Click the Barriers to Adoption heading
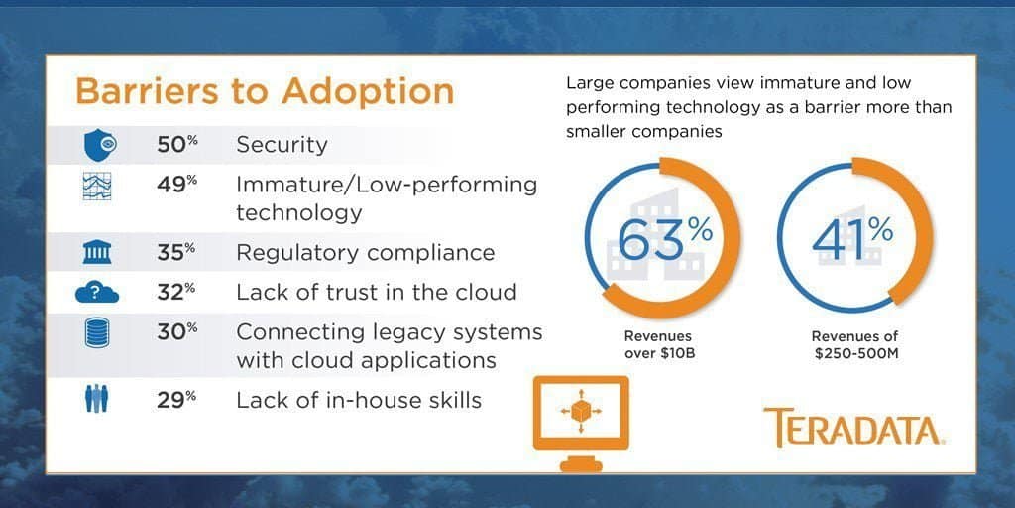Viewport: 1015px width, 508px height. pyautogui.click(x=265, y=91)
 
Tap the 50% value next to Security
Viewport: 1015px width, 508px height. pyautogui.click(x=177, y=144)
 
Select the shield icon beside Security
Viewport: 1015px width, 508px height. pyautogui.click(x=100, y=145)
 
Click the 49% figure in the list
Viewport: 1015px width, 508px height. pyautogui.click(x=177, y=184)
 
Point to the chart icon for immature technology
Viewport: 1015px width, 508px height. pyautogui.click(x=97, y=186)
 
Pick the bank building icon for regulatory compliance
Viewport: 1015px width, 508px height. pyautogui.click(x=97, y=251)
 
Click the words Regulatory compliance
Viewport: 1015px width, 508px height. pyautogui.click(x=365, y=253)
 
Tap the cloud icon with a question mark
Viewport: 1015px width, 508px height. pyautogui.click(x=97, y=293)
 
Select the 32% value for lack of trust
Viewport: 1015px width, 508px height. pyautogui.click(x=177, y=292)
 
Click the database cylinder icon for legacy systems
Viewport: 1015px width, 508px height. pyautogui.click(x=97, y=333)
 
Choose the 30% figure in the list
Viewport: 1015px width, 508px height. pyautogui.click(x=177, y=331)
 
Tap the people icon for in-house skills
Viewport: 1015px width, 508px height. pyautogui.click(x=97, y=399)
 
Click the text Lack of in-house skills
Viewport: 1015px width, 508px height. pyautogui.click(x=359, y=400)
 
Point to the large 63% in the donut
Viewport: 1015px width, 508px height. pyautogui.click(x=665, y=238)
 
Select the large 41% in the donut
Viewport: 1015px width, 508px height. pyautogui.click(x=853, y=238)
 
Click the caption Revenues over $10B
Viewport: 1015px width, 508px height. pyautogui.click(x=658, y=344)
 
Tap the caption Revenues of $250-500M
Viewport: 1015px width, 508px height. pyautogui.click(x=854, y=344)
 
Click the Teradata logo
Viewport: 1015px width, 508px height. pyautogui.click(x=853, y=428)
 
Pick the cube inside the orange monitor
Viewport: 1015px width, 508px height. pyautogui.click(x=581, y=410)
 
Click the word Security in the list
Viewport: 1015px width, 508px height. pyautogui.click(x=282, y=145)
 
